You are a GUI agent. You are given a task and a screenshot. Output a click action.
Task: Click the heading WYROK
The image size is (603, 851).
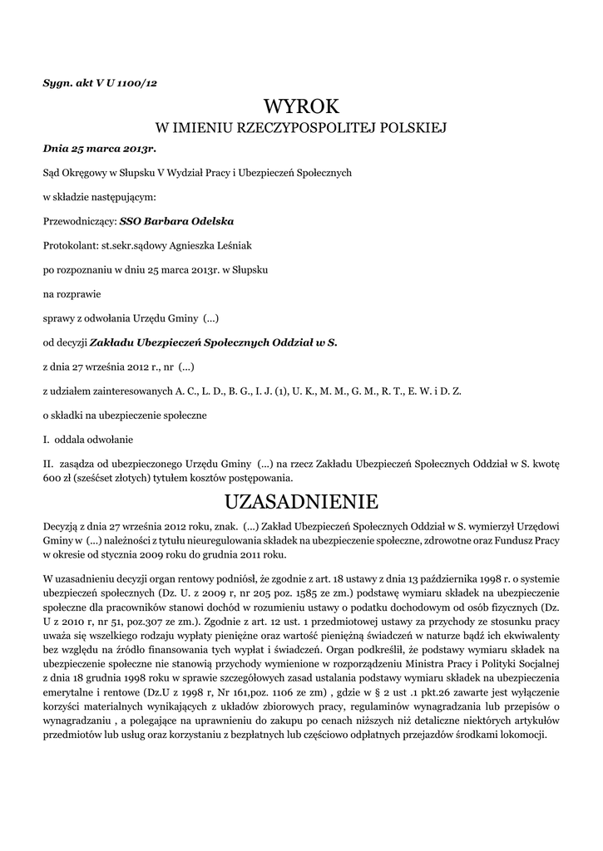[301, 106]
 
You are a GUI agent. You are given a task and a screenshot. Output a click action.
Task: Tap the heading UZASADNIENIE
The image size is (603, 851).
[301, 501]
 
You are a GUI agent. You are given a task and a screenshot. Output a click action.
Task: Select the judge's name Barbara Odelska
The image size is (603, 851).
[188, 222]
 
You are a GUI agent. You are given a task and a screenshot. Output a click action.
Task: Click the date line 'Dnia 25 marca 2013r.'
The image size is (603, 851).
[99, 148]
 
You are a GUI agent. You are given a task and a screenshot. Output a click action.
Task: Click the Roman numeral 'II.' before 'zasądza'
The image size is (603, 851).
[48, 462]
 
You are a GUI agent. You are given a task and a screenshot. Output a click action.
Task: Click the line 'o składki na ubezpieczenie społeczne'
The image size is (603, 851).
[125, 414]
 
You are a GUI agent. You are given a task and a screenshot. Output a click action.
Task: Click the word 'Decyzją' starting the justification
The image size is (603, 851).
[60, 526]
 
